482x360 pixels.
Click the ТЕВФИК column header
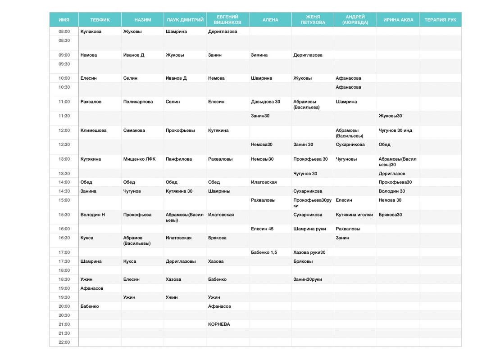tap(100, 20)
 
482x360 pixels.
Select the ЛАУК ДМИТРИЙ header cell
tap(185, 20)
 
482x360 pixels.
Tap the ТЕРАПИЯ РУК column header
tap(440, 20)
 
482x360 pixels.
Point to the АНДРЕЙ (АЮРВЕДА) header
tap(355, 20)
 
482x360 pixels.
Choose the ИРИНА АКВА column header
tap(398, 20)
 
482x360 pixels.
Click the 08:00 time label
tap(64, 31)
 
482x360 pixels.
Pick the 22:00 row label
tap(64, 342)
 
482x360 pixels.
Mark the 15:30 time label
tap(64, 215)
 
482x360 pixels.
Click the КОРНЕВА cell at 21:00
tap(219, 324)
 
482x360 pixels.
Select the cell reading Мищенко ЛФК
tap(139, 159)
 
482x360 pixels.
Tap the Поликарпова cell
tap(138, 102)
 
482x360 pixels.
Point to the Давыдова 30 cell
tap(265, 102)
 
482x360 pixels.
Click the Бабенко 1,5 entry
tap(264, 252)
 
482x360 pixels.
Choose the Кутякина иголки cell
tap(354, 215)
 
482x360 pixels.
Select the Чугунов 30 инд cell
tap(395, 130)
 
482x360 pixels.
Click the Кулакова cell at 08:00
tap(91, 31)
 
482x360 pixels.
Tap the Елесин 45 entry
tap(262, 229)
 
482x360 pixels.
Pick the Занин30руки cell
tap(308, 279)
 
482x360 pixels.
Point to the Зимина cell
tap(259, 55)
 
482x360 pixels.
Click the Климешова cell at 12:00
tap(94, 130)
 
